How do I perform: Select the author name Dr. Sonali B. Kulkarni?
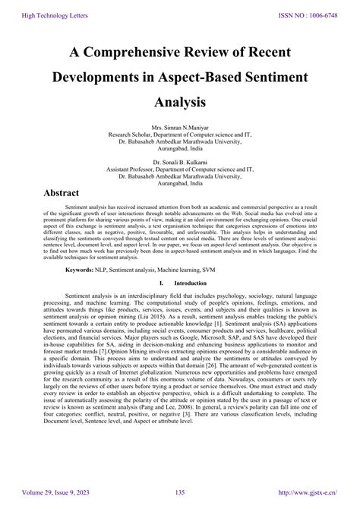180,163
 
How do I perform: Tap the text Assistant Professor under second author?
137,171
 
